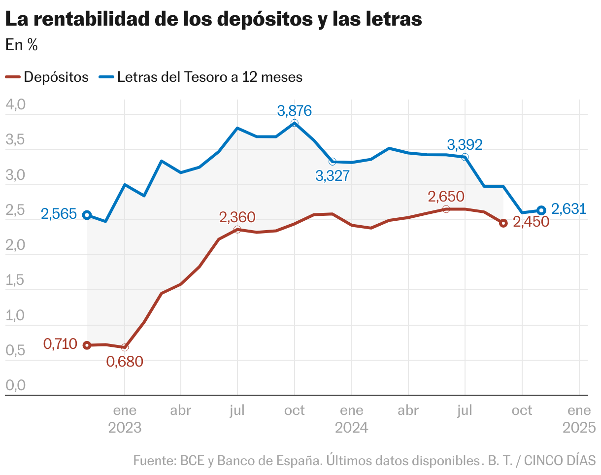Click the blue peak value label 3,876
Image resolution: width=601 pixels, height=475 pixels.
pos(295,111)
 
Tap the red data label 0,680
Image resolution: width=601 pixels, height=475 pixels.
pos(125,362)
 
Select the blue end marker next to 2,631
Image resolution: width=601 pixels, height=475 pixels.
pos(541,210)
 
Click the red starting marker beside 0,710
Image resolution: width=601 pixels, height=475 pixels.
pos(87,345)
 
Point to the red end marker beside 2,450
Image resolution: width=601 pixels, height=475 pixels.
pos(503,223)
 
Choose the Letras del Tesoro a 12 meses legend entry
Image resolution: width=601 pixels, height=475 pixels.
pos(201,77)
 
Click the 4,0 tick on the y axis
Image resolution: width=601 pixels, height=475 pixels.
pos(14,105)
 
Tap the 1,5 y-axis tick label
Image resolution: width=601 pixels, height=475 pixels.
pos(14,280)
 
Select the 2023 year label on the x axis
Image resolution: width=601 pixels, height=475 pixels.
pos(125,427)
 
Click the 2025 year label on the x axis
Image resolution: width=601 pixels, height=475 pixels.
pos(579,427)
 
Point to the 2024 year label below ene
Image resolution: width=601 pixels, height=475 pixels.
pos(352,427)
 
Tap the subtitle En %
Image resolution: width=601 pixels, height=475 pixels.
pos(21,45)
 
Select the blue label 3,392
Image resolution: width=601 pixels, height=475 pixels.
pos(465,145)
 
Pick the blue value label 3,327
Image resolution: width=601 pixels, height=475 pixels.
pos(333,176)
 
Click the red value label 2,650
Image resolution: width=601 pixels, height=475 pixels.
pos(446,197)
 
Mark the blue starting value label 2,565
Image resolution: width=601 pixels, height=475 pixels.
pos(59,214)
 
